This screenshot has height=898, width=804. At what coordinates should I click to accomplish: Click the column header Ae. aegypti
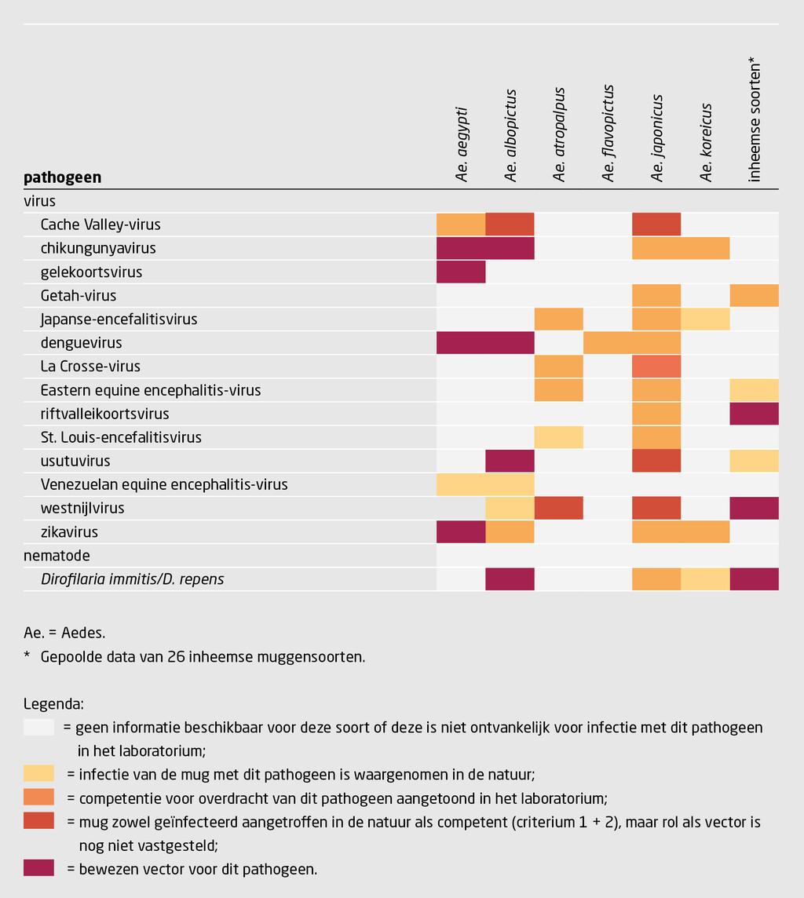coord(462,145)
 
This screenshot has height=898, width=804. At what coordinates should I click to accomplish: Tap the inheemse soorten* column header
coord(755,119)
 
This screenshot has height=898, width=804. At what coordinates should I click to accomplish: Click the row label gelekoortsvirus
coord(91,272)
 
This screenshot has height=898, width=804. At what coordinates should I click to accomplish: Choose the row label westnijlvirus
coord(82,508)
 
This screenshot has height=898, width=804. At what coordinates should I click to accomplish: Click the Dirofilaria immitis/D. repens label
coord(132,579)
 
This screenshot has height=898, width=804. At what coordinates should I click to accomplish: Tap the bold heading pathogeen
coord(63,177)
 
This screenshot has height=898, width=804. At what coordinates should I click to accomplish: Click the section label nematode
coord(57,556)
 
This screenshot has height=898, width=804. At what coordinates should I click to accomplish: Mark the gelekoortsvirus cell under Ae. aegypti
coord(461,272)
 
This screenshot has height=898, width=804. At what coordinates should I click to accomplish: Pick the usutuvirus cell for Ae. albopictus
coord(510,461)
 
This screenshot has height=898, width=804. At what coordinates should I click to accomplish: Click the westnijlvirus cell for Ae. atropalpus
coord(559,508)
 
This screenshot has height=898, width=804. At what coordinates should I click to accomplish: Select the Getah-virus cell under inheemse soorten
coord(755,296)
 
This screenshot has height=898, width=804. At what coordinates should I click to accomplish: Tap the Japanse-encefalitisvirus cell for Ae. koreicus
coord(706,319)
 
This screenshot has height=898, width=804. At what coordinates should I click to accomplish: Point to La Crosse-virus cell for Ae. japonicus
coord(657,367)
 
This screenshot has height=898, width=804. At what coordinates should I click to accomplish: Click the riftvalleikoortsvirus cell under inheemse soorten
coord(755,414)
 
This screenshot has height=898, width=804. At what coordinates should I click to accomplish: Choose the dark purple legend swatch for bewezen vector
coord(38,868)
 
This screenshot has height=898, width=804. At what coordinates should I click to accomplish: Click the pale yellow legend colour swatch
coord(38,774)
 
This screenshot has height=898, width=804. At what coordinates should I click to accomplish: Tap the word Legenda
coord(54,703)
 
